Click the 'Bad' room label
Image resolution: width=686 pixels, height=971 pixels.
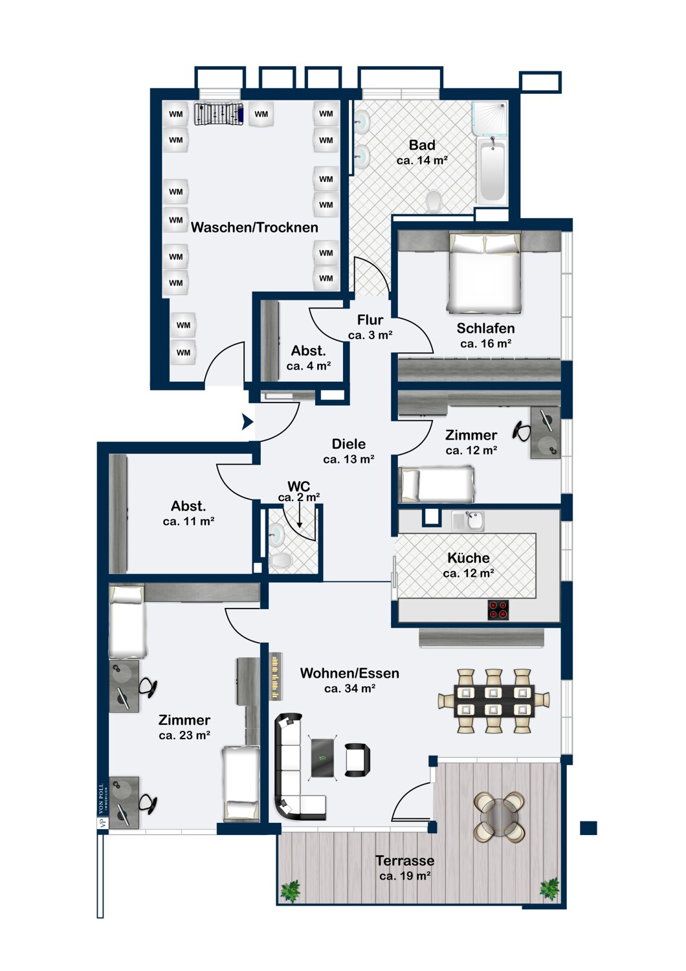[x=422, y=145]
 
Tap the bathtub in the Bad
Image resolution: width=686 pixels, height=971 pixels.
[x=492, y=172]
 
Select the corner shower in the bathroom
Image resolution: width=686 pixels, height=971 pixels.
[x=489, y=118]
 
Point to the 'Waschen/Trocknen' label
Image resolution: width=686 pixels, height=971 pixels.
[x=254, y=227]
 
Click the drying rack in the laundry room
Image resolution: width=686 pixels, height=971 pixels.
[x=219, y=115]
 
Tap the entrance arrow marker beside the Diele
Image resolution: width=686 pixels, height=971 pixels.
[x=247, y=421]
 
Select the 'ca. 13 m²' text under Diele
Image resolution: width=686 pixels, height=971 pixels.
[x=348, y=459]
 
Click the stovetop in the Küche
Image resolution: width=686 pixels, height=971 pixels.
[x=498, y=610]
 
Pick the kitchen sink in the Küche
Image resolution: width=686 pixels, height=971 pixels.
[x=468, y=520]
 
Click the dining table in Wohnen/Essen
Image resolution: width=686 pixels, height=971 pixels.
[x=494, y=701]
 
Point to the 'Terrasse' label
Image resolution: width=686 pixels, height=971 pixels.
[x=404, y=860]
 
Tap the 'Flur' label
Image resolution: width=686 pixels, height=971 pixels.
[x=370, y=320]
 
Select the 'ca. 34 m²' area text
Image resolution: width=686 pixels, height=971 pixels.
[x=349, y=688]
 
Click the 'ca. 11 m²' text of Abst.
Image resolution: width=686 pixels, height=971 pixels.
[x=188, y=521]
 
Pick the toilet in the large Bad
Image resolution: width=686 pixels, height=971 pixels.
[x=434, y=201]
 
